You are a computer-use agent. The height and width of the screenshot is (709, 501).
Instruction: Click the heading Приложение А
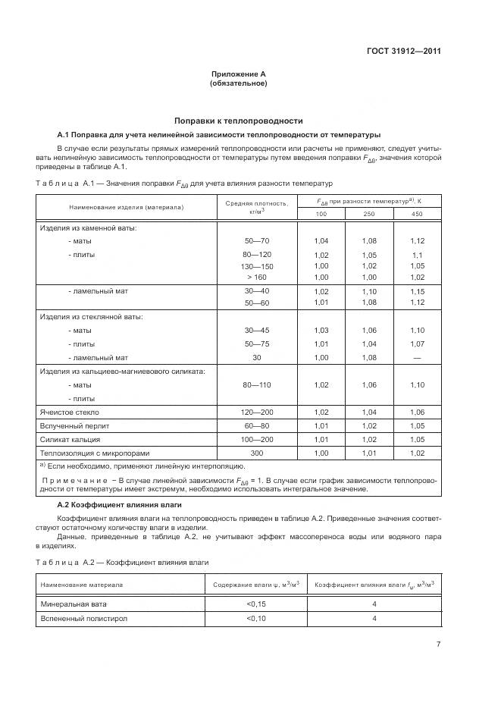pos(239,74)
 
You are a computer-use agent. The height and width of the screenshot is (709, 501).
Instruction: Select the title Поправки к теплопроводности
pos(239,120)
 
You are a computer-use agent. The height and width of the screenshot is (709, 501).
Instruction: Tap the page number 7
pos(438,645)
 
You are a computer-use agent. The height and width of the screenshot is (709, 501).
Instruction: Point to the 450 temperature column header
pos(417,215)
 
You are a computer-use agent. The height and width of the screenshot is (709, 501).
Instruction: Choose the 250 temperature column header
pos(369,215)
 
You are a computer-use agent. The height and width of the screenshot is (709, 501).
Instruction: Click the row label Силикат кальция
pos(70,439)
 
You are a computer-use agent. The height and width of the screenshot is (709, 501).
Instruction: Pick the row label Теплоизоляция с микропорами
pos(88,453)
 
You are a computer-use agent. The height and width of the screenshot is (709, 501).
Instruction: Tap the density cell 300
pos(257,453)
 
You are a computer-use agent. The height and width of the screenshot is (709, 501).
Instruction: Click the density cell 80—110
pos(257,385)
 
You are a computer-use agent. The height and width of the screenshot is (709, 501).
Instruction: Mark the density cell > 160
pos(257,278)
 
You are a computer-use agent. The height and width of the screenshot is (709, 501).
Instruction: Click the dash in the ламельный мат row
pos(417,357)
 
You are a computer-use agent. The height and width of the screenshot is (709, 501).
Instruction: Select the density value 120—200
pos(257,412)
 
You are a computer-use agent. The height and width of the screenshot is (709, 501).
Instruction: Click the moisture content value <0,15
pos(256,604)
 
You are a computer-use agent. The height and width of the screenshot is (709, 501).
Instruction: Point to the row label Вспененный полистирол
pos(83,619)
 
